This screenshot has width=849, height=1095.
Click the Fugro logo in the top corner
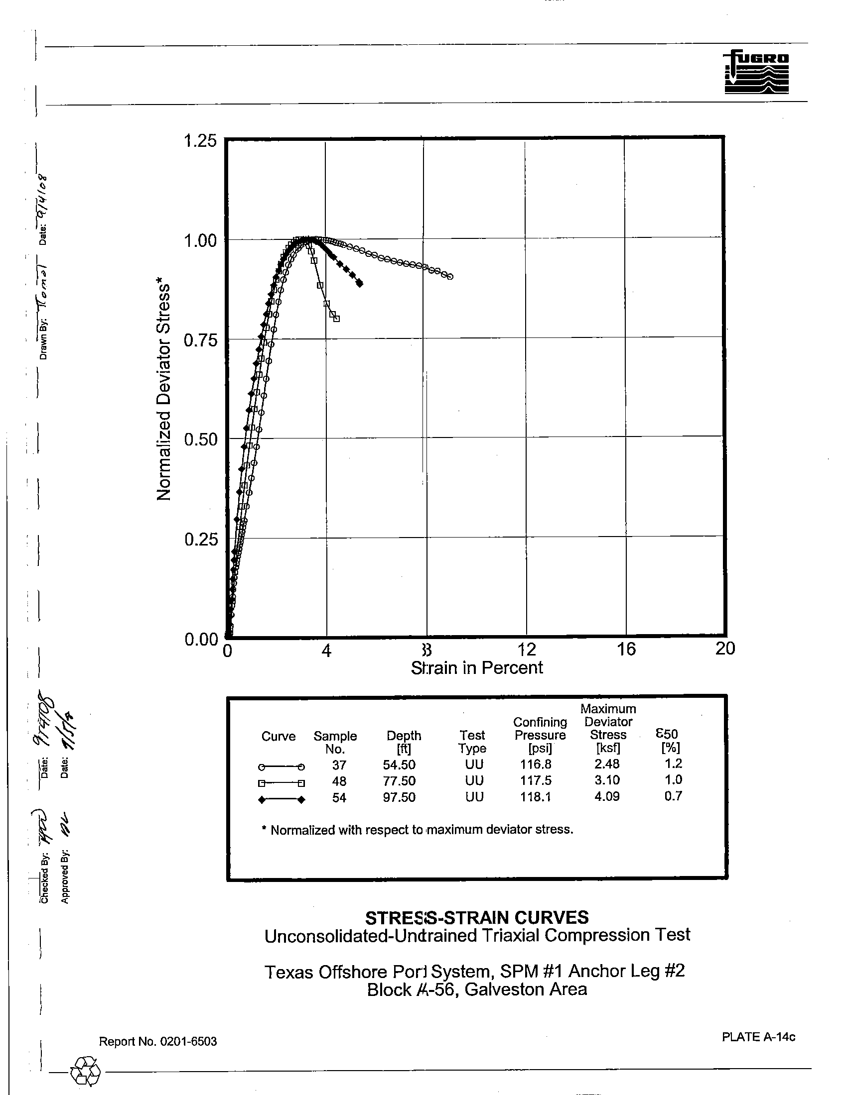click(x=756, y=72)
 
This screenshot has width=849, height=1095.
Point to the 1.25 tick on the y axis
click(x=200, y=141)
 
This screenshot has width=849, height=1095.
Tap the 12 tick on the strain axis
click(x=526, y=649)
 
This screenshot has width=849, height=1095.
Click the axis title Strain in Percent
click(x=477, y=668)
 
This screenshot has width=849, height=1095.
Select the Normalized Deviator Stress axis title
click(x=164, y=391)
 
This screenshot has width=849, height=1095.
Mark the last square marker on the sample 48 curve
click(x=336, y=319)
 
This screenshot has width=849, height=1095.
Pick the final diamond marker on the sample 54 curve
click(x=360, y=284)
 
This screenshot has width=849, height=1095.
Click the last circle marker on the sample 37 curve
click(x=450, y=277)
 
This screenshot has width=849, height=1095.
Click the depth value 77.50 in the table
click(x=399, y=781)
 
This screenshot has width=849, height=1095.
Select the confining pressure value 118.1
click(x=536, y=797)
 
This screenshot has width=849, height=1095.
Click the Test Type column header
click(x=472, y=742)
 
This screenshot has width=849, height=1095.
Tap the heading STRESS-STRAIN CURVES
click(x=477, y=917)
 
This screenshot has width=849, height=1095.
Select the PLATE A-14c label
click(x=758, y=1037)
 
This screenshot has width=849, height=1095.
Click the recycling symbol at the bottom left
click(x=86, y=1071)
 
